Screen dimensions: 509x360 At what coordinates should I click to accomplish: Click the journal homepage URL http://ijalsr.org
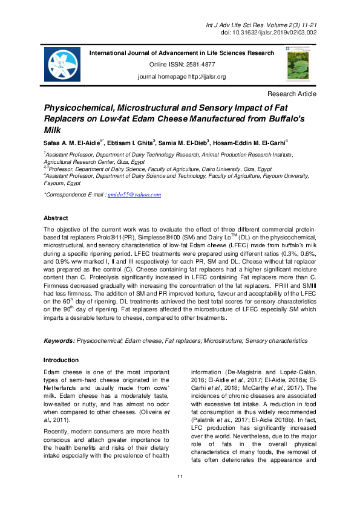[x=204, y=77]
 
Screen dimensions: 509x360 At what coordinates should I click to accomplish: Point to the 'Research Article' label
[x=292, y=94]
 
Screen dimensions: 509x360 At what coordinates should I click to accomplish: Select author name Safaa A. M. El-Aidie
[x=73, y=142]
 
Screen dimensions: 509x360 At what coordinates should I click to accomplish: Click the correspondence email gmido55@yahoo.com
[x=134, y=195]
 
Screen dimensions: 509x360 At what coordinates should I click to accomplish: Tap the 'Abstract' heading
[x=56, y=218]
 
